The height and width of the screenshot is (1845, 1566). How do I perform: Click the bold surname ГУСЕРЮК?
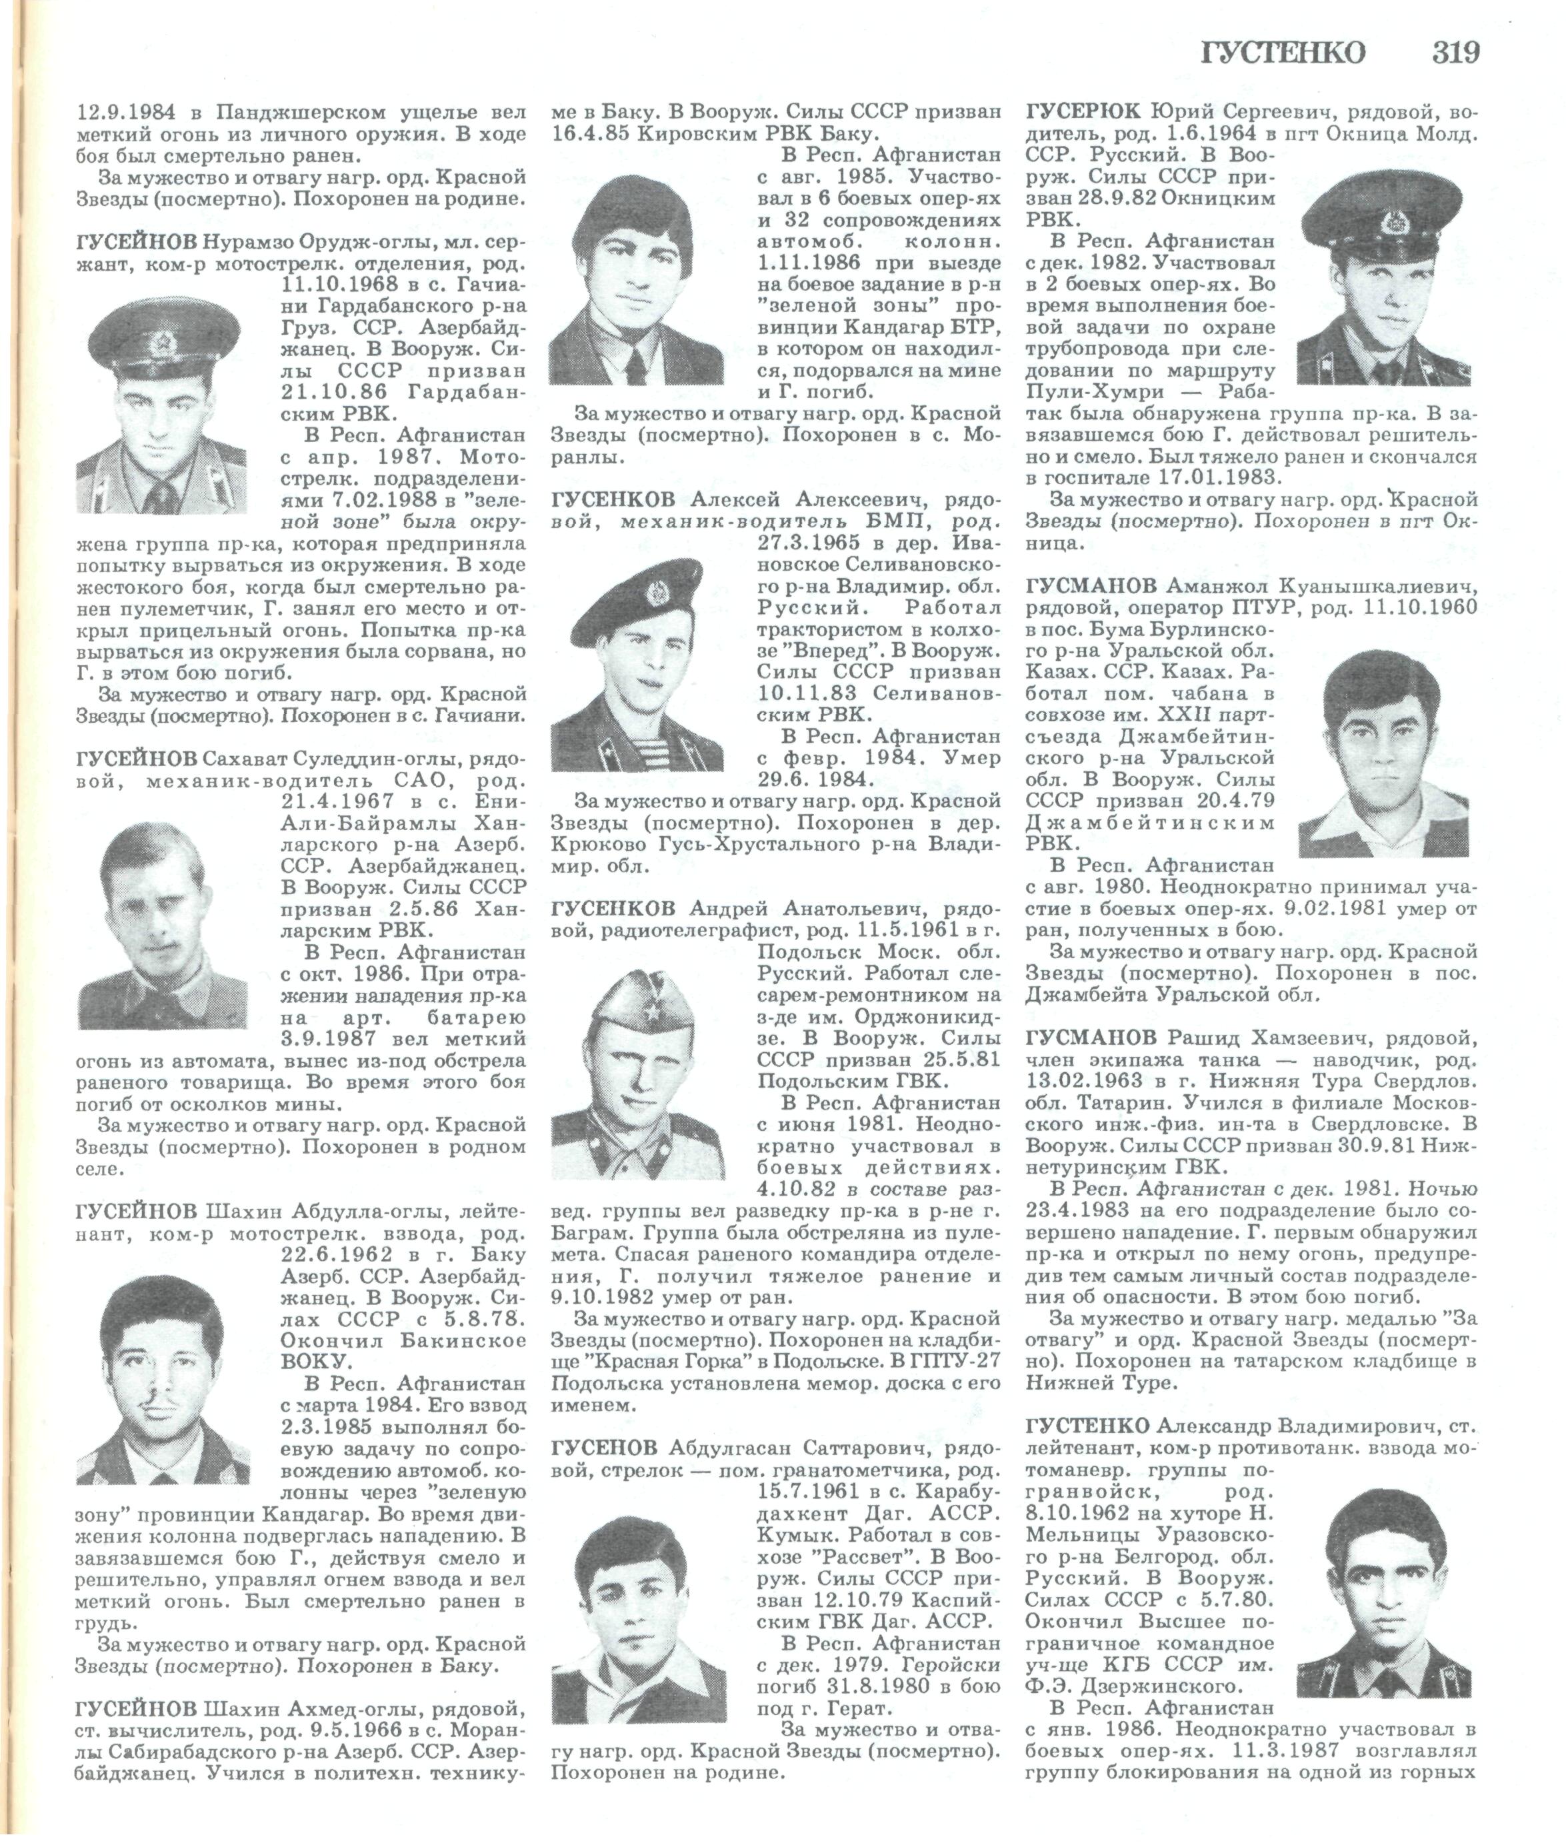(1083, 112)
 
